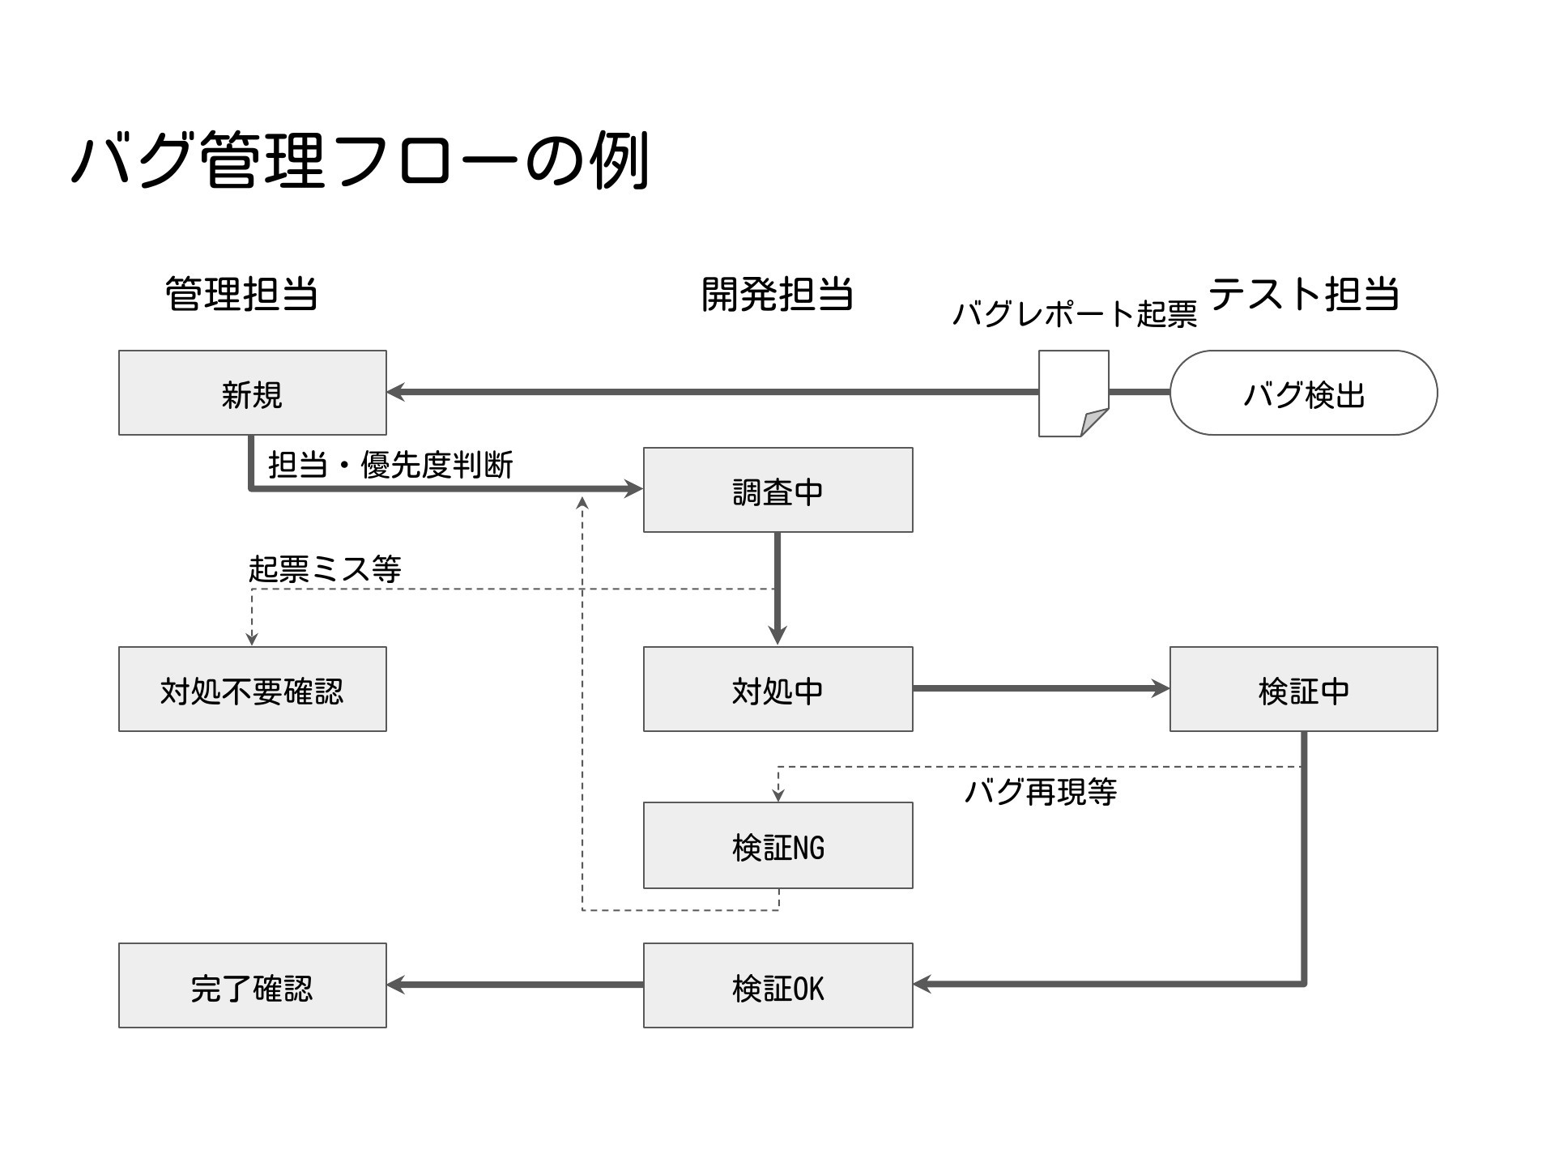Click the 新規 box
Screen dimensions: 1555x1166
coord(253,393)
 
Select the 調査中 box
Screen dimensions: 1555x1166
coord(777,490)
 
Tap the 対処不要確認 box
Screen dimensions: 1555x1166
coord(253,689)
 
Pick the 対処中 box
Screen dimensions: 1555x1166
coord(777,689)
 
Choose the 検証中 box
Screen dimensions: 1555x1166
coord(1304,689)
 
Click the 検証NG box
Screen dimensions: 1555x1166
coord(777,845)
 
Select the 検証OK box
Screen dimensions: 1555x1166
coord(777,985)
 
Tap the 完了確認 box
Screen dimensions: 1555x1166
coord(253,985)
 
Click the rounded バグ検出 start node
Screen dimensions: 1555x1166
coord(1304,393)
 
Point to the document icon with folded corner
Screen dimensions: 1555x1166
coord(1074,394)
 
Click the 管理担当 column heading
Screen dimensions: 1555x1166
coord(241,293)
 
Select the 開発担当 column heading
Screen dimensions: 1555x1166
coord(777,293)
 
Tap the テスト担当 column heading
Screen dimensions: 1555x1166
coord(1304,293)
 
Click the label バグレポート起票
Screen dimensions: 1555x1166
coord(1075,314)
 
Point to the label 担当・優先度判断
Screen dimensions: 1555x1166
coord(390,465)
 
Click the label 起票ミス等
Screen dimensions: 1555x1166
coord(325,568)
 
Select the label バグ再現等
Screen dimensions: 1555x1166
coord(1041,791)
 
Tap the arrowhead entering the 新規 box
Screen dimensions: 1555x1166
coord(397,393)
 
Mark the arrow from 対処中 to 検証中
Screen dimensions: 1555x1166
coord(1042,689)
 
